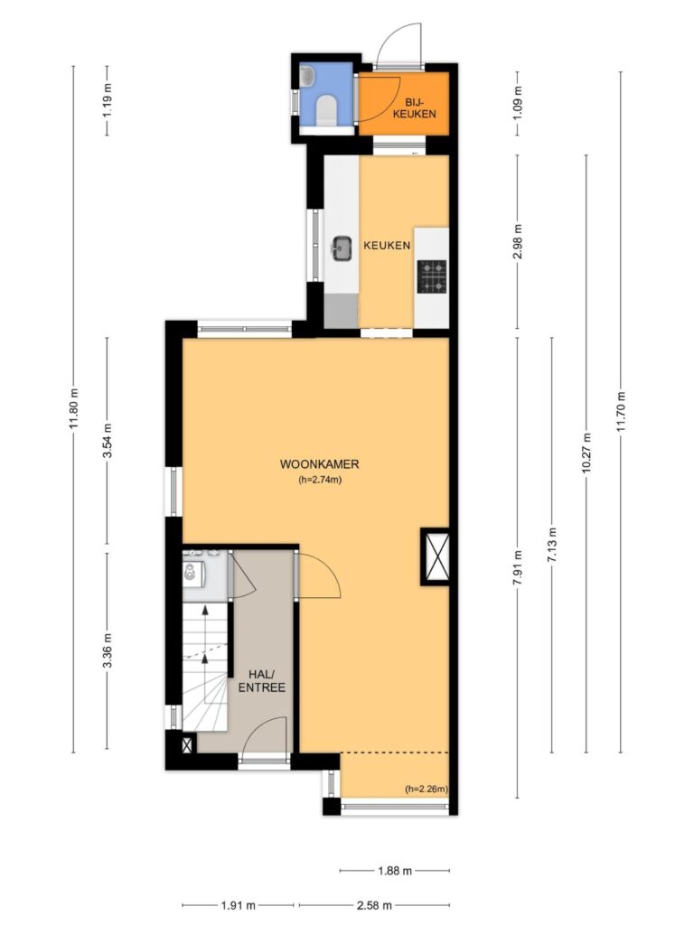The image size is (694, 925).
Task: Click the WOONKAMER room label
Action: (x=319, y=464)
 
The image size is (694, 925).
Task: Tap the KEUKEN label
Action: (x=387, y=246)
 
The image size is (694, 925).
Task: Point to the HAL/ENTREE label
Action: (x=261, y=681)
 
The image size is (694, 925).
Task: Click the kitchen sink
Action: (x=341, y=248)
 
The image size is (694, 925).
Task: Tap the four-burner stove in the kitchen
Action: (x=431, y=276)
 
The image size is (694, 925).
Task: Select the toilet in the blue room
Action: (x=326, y=111)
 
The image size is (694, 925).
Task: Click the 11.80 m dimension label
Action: (x=74, y=409)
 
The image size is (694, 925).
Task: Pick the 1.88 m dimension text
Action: (x=394, y=870)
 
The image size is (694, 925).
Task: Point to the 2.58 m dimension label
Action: (x=374, y=905)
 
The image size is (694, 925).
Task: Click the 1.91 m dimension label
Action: (x=238, y=905)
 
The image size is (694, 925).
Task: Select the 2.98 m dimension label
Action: (x=518, y=242)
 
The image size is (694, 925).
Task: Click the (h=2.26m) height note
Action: (x=427, y=789)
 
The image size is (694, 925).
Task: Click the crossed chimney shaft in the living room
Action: (x=436, y=556)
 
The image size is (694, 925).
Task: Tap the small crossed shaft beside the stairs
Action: (x=187, y=744)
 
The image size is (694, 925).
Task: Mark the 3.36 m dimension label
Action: (x=108, y=650)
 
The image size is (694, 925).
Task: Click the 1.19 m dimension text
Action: (x=108, y=100)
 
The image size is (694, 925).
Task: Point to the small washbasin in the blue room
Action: (x=307, y=76)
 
